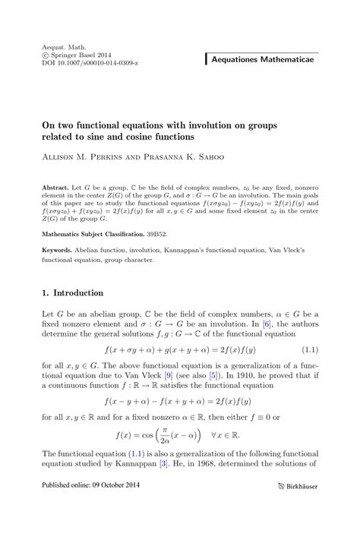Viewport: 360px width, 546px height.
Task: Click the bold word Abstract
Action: coord(57,185)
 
